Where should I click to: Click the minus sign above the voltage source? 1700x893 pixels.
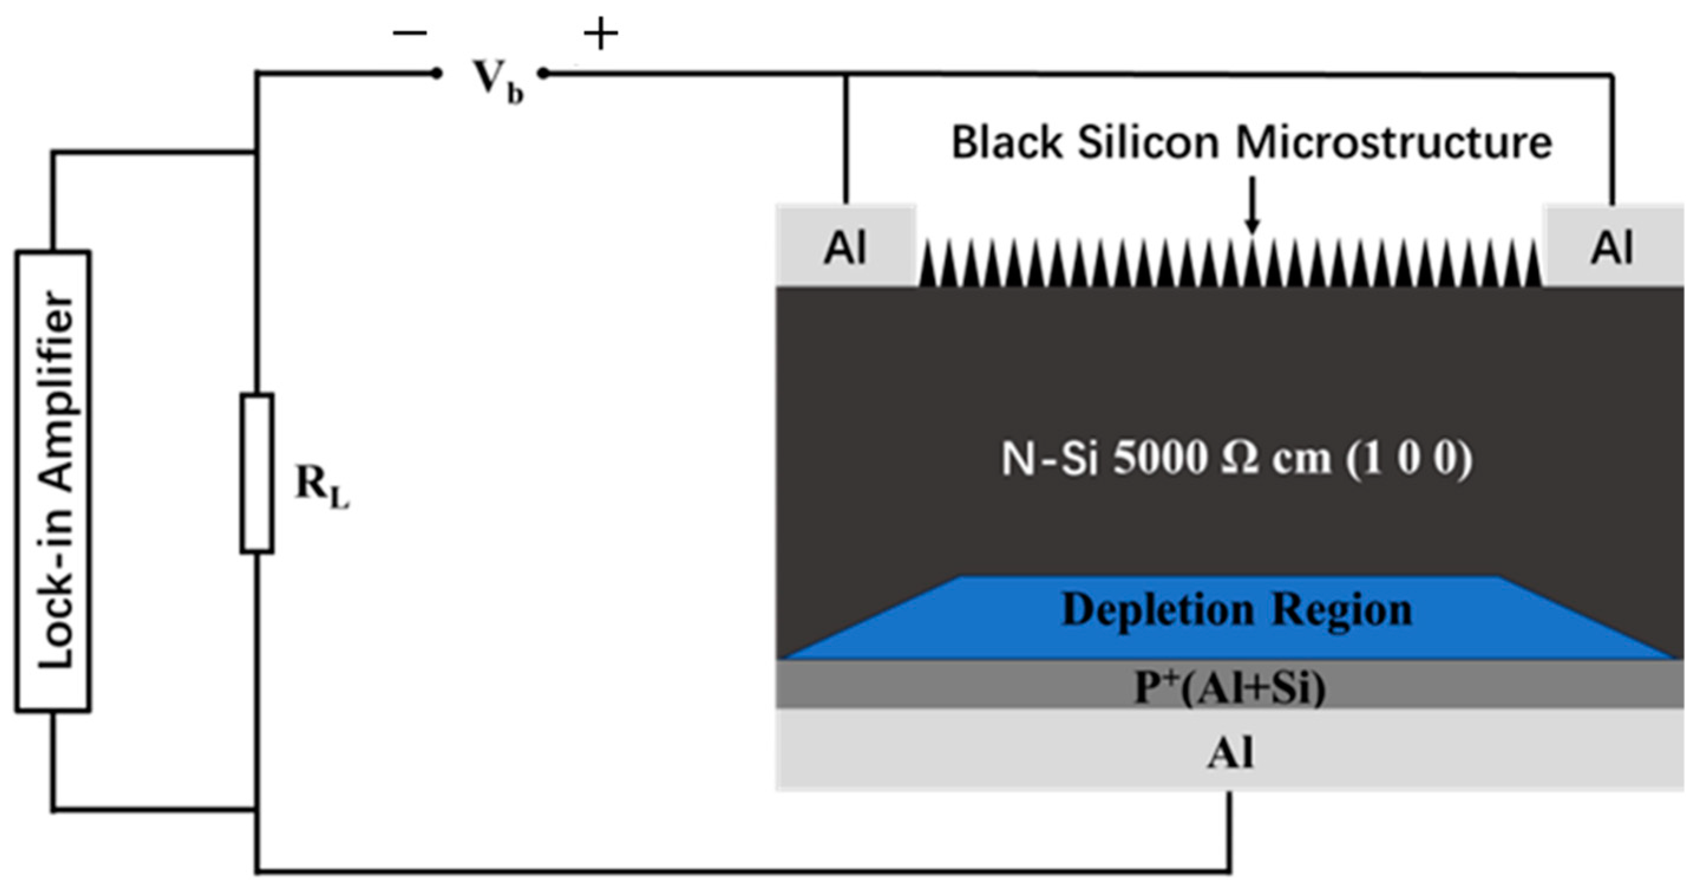pyautogui.click(x=410, y=34)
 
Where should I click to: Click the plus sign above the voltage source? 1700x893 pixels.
pyautogui.click(x=601, y=34)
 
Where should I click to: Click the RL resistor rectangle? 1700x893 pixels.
pyautogui.click(x=257, y=473)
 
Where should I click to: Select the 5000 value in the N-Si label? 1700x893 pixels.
pyautogui.click(x=1160, y=458)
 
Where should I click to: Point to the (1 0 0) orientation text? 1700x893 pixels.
pyautogui.click(x=1409, y=458)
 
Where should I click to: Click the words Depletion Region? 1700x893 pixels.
pyautogui.click(x=1237, y=609)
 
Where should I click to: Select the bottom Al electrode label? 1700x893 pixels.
pyautogui.click(x=1230, y=752)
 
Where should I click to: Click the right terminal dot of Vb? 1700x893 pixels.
pyautogui.click(x=542, y=74)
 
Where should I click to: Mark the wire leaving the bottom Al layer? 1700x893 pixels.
pyautogui.click(x=1230, y=831)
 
